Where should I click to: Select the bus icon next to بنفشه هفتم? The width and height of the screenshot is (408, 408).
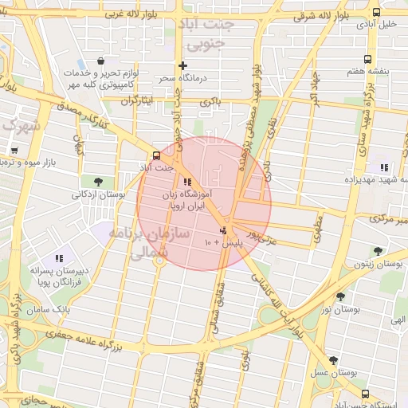[367, 59]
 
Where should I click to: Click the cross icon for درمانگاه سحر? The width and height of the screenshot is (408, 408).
[183, 65]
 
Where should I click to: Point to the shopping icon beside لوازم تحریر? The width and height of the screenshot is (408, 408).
[100, 61]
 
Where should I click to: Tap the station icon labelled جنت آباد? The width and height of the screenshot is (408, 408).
[155, 155]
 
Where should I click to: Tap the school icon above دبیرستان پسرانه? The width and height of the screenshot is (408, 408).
[59, 258]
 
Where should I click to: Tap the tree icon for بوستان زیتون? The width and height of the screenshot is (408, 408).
[378, 251]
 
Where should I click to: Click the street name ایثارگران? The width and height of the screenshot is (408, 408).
[135, 102]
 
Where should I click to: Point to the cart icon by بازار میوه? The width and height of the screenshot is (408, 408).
[14, 150]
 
